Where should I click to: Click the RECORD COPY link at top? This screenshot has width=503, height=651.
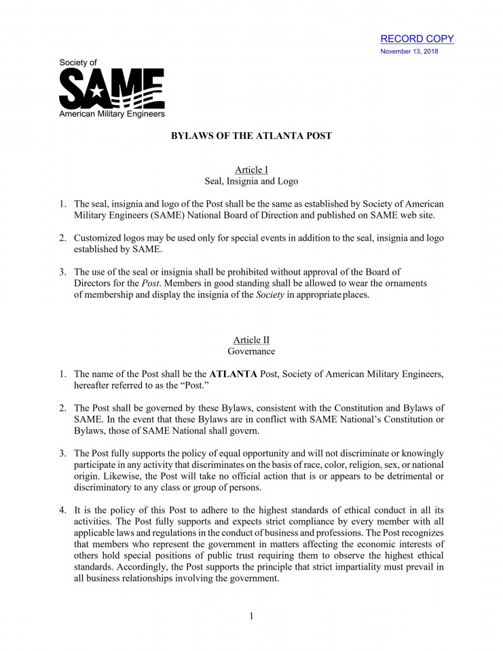tap(417, 39)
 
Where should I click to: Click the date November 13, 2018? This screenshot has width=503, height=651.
tap(409, 52)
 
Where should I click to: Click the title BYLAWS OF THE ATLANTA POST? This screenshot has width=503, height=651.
tap(251, 136)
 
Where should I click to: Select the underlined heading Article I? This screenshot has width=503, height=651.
tap(251, 170)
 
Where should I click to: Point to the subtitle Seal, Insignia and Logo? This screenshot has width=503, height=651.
tap(251, 181)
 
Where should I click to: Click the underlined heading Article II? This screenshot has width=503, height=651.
tap(251, 340)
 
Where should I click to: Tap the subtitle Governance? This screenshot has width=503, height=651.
tap(251, 351)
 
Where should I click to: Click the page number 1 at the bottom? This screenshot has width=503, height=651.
tap(251, 616)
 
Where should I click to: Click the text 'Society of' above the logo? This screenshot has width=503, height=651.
tap(78, 63)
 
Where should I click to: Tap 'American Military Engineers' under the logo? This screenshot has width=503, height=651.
tap(112, 115)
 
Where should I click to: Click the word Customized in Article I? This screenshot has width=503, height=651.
tap(99, 237)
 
